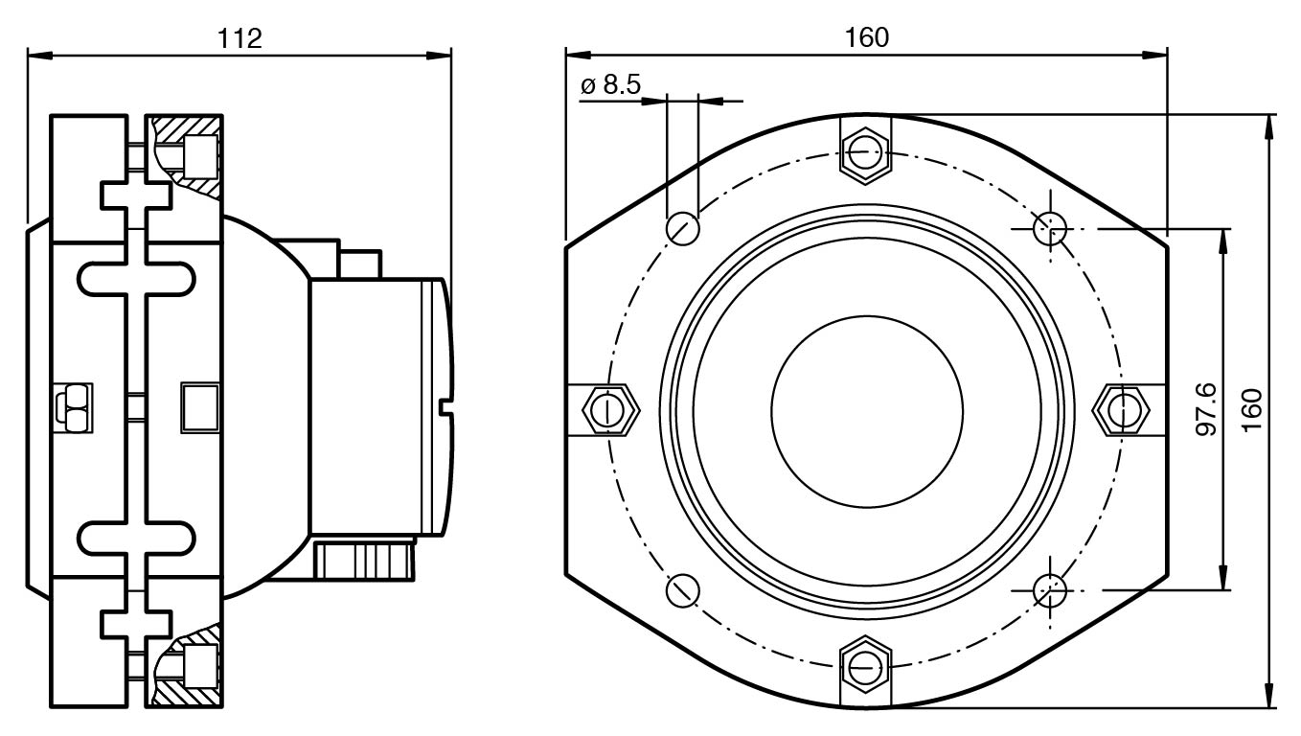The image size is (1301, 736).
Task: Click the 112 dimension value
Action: click(240, 38)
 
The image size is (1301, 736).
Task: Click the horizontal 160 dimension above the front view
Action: click(866, 38)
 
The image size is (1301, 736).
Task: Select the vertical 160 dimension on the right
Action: click(1251, 410)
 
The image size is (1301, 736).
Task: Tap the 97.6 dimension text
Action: click(1206, 409)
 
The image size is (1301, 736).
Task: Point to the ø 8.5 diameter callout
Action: click(610, 84)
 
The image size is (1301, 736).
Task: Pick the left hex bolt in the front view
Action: click(610, 410)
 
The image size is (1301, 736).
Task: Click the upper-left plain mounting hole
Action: click(683, 228)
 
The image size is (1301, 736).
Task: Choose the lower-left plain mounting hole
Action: click(682, 589)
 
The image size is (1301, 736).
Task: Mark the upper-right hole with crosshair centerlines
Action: click(1050, 228)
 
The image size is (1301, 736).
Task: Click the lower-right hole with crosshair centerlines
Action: click(1050, 589)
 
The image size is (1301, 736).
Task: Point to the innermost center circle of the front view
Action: click(866, 410)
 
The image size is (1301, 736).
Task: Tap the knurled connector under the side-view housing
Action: click(365, 560)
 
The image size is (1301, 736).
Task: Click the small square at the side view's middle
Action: click(200, 408)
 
